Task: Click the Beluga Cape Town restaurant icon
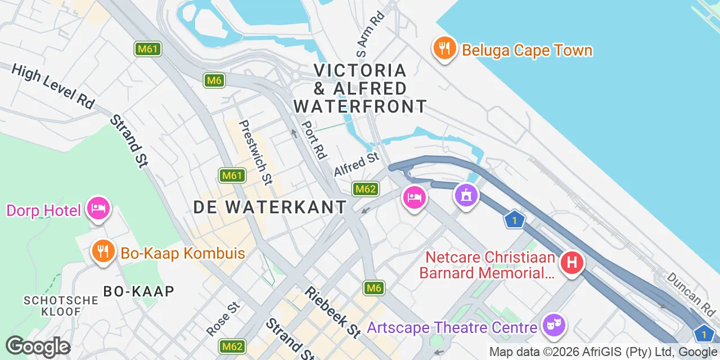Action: (444, 48)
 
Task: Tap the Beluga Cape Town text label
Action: (527, 51)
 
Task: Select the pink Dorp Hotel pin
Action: (98, 209)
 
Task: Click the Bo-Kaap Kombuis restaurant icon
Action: (102, 251)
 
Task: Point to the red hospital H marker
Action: (572, 262)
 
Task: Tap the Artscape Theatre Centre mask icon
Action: (554, 325)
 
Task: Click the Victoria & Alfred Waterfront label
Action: (360, 88)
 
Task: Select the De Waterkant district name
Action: (270, 207)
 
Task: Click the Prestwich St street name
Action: (256, 152)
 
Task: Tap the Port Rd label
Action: (314, 140)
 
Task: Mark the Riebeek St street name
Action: (332, 312)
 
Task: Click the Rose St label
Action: (223, 318)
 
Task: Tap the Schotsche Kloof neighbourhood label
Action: (61, 306)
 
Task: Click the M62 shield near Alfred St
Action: (364, 189)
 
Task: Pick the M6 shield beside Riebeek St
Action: (375, 289)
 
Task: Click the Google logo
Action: (38, 347)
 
